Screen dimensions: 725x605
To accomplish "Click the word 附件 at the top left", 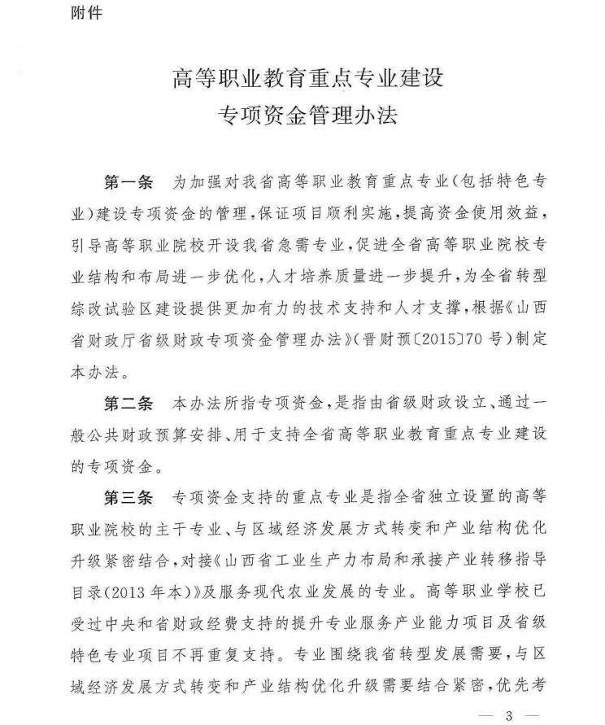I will (x=86, y=14).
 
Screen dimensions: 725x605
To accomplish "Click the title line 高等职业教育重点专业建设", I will (x=308, y=80).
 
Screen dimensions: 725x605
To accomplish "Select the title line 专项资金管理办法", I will (x=308, y=116).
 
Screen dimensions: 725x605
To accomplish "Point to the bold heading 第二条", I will (x=128, y=401).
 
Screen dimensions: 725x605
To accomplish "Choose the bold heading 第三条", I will (x=128, y=496).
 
